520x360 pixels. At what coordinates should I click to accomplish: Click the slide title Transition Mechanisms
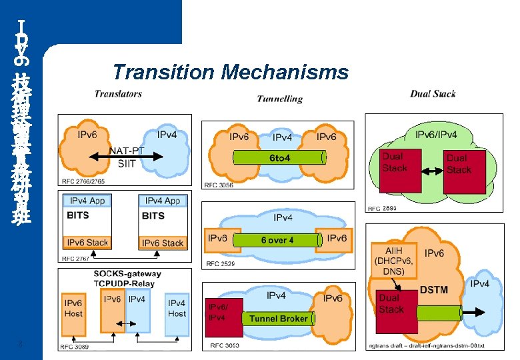pos(231,71)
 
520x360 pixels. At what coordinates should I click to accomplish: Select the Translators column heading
pos(118,94)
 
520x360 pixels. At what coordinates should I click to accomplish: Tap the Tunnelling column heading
pos(279,99)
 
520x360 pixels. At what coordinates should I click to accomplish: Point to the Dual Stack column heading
pos(433,93)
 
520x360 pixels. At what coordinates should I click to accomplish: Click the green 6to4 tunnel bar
pos(279,158)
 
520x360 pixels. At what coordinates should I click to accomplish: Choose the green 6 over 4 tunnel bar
pos(277,240)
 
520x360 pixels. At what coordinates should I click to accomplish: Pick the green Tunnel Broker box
pos(278,319)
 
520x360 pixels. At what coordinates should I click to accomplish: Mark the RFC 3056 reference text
pos(219,185)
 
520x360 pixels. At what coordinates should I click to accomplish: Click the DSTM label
pos(433,290)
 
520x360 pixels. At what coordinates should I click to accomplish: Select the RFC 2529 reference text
pos(221,264)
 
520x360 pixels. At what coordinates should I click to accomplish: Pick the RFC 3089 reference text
pos(75,347)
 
